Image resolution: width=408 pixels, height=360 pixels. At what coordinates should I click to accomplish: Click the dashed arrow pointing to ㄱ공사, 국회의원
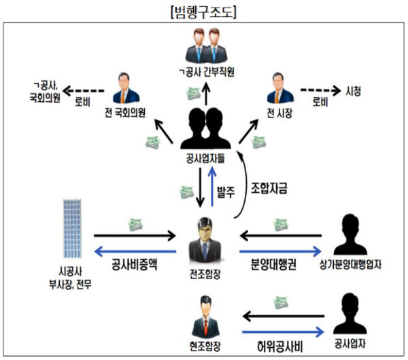tap(86, 90)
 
